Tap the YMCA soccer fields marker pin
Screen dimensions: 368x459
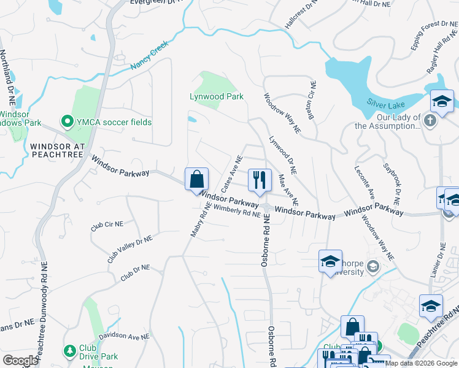point(67,121)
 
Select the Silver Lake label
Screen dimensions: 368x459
point(383,102)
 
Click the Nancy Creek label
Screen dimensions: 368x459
point(148,58)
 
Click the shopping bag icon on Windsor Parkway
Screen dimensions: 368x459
point(196,179)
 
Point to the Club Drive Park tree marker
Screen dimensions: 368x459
point(69,351)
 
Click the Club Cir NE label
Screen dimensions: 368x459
point(104,227)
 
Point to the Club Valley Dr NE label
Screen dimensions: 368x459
point(129,248)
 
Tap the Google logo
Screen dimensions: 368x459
point(20,361)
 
